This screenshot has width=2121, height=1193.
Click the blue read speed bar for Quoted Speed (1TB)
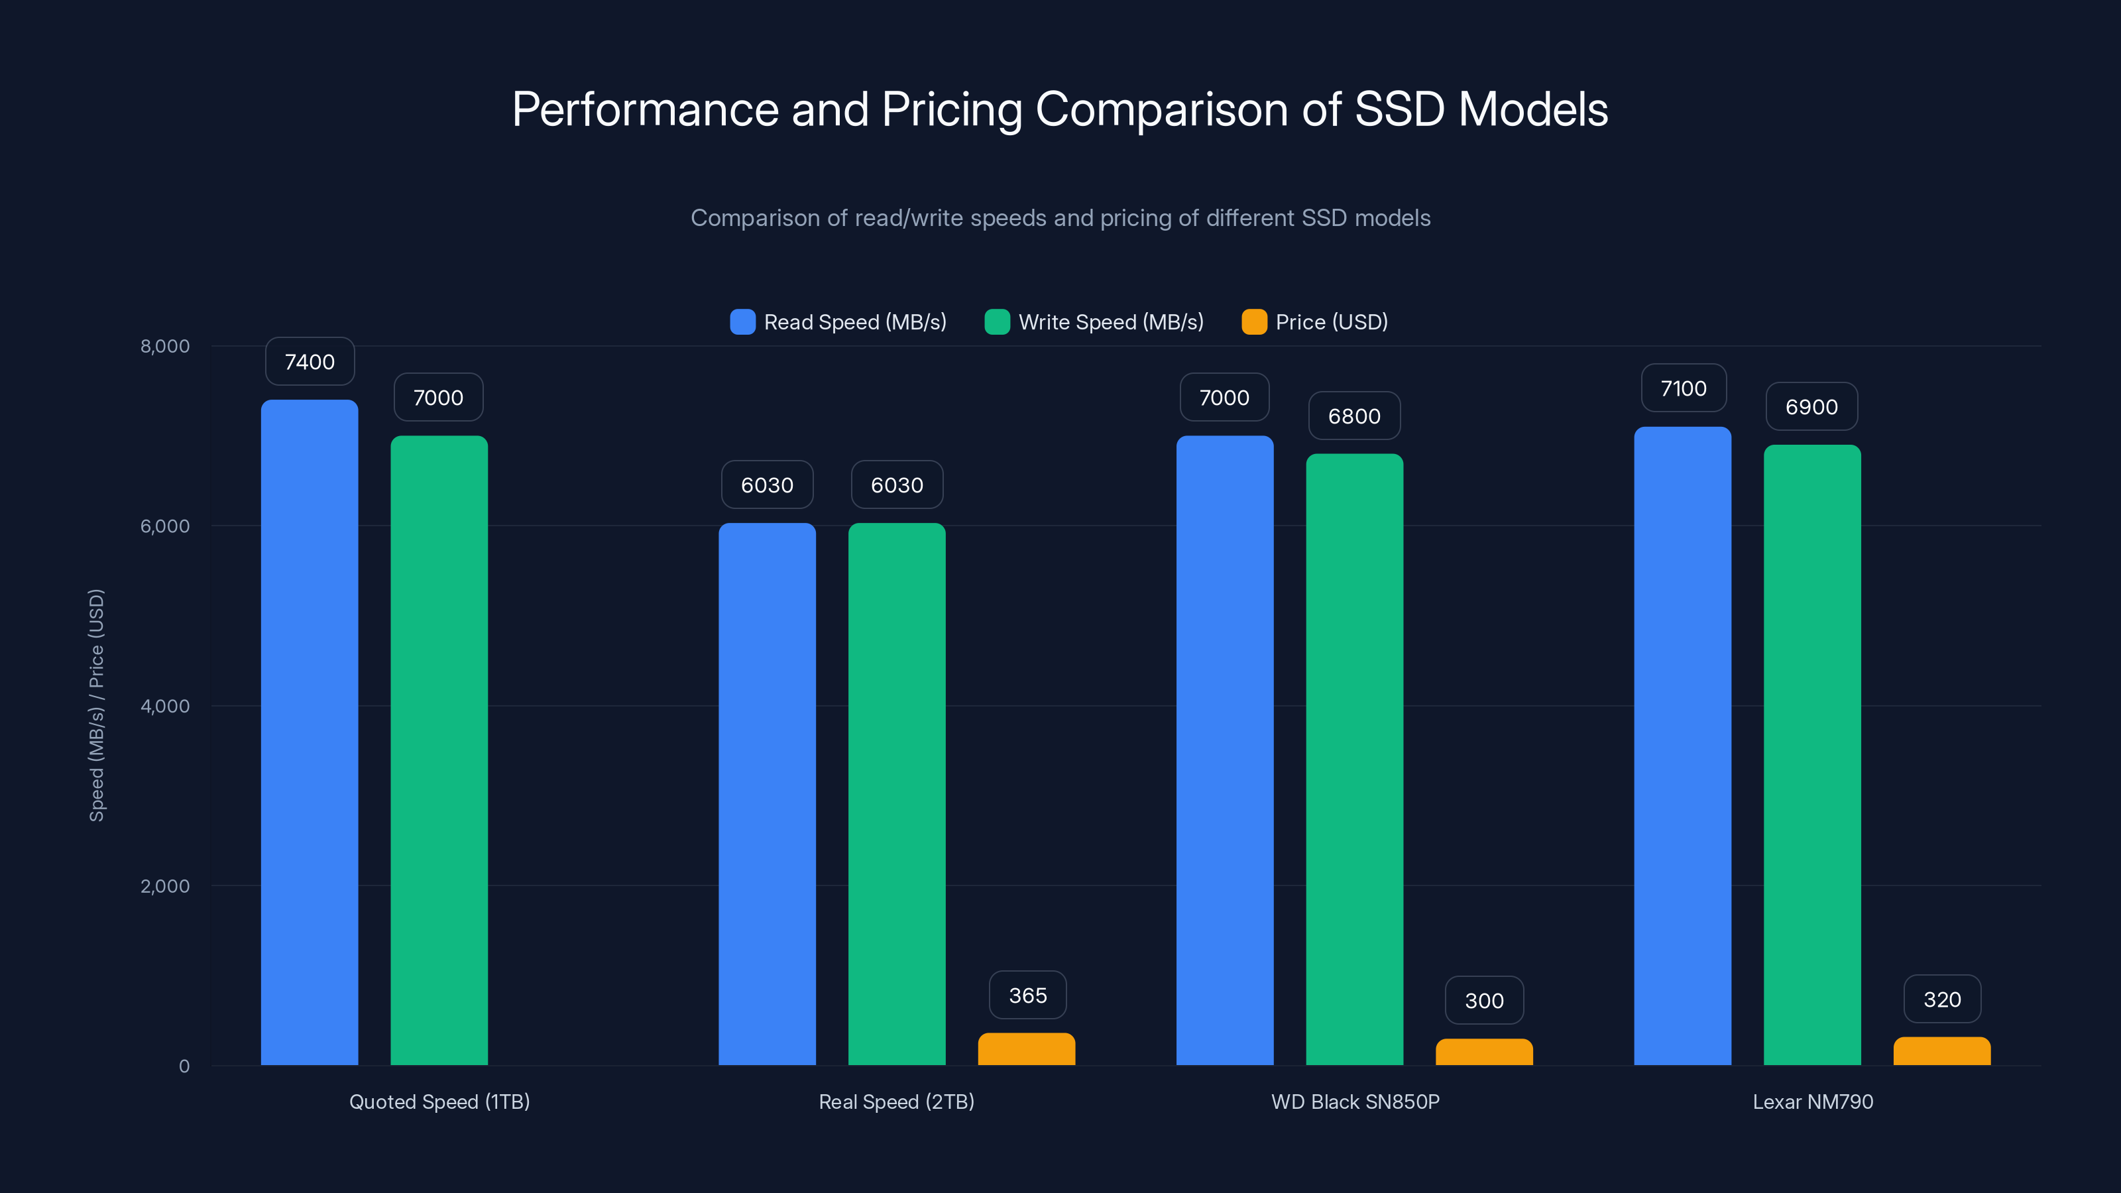click(310, 733)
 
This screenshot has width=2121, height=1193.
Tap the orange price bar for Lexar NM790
click(1941, 1051)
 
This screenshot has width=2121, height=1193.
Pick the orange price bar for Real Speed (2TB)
click(1026, 1049)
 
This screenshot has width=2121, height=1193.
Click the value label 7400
click(310, 361)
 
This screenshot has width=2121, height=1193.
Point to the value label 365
click(1027, 995)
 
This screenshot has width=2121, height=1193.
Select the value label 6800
click(1353, 416)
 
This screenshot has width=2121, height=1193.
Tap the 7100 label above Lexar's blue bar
click(1683, 388)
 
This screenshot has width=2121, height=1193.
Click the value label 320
click(1941, 999)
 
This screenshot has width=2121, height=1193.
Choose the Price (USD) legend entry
click(1315, 322)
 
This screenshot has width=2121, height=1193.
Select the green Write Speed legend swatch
click(997, 322)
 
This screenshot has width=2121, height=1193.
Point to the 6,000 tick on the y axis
click(164, 526)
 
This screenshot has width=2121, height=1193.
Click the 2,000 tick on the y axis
click(164, 886)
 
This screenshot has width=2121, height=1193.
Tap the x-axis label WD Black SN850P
click(1354, 1102)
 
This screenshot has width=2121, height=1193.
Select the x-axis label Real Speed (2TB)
click(896, 1102)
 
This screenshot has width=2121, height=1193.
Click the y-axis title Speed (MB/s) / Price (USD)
click(96, 705)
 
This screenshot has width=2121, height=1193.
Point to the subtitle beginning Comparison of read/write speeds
click(1060, 218)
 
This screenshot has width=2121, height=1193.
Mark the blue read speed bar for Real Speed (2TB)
click(767, 795)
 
